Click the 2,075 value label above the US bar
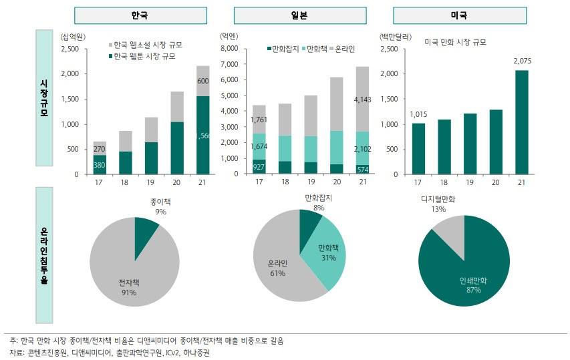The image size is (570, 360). (522, 61)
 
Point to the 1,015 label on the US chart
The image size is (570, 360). (418, 114)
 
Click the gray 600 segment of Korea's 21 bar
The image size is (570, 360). (203, 81)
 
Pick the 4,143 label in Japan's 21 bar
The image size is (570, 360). (362, 100)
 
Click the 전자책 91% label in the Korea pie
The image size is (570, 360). (128, 288)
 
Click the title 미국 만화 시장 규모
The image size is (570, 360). (455, 42)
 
